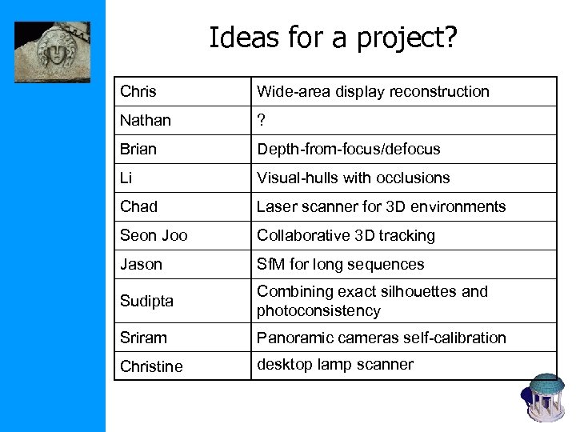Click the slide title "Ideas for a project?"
333,37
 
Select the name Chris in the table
138,91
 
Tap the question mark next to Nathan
261,120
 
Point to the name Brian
138,149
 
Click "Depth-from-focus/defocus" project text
348,149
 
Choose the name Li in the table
126,178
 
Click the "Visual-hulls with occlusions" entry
353,178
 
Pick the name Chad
138,206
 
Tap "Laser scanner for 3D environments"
381,206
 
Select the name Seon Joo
154,235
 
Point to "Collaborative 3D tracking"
346,235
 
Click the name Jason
141,264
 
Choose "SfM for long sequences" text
340,264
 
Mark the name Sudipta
146,301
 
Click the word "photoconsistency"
318,310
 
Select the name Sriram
144,338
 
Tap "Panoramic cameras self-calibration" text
381,338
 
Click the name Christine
151,366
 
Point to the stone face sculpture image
52,52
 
